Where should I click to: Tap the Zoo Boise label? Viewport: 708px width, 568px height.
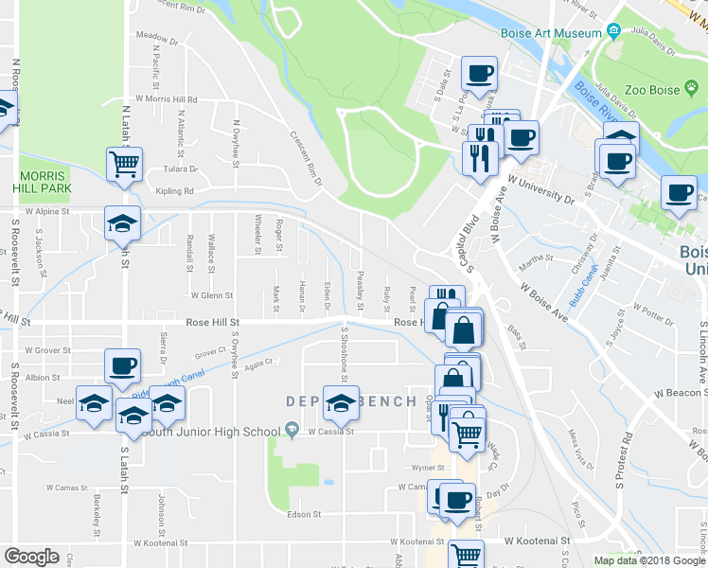[655, 89]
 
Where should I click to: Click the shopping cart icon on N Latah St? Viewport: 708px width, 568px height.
[124, 165]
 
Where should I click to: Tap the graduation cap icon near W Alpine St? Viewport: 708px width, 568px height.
[122, 223]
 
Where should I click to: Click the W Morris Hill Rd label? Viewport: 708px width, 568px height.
[167, 98]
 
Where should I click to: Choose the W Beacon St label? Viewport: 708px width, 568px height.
[677, 394]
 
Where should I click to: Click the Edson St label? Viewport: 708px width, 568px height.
[304, 515]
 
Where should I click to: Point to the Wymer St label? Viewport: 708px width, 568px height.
[401, 468]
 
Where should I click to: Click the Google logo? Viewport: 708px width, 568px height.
[31, 557]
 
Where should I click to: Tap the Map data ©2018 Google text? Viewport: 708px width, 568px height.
[649, 560]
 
